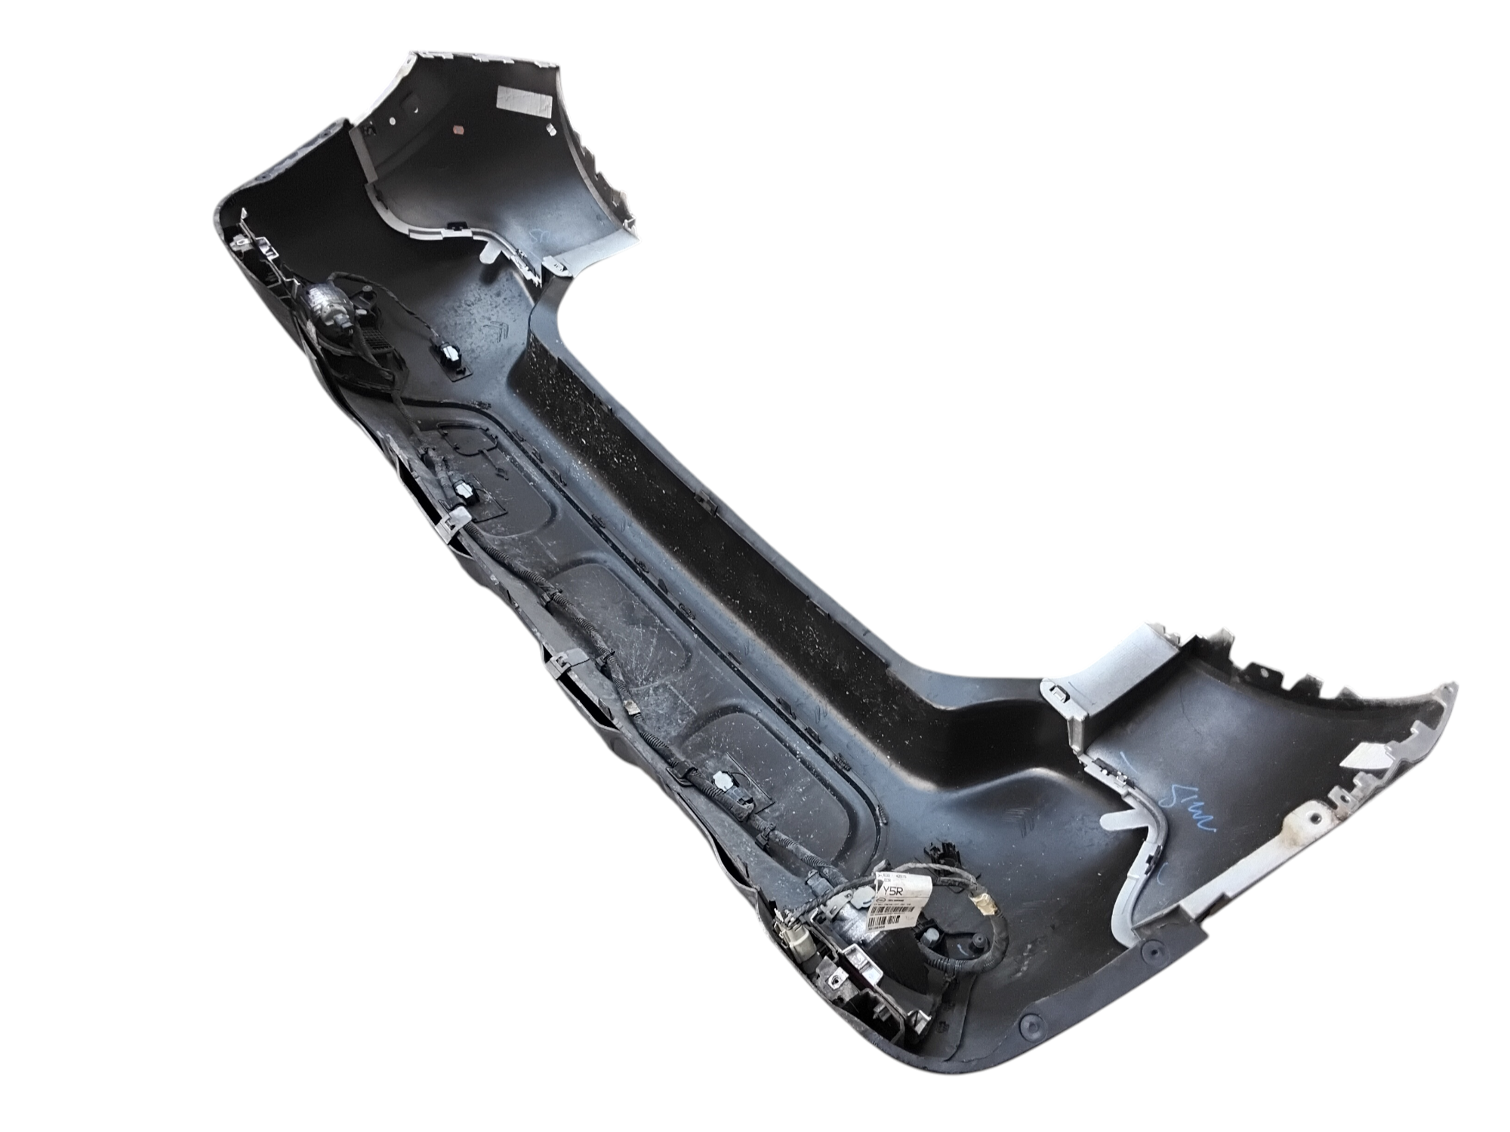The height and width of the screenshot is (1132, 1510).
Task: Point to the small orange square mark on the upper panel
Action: point(457,129)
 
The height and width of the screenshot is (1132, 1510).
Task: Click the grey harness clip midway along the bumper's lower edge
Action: point(563,664)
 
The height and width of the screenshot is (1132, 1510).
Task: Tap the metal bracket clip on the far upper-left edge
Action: point(241,241)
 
